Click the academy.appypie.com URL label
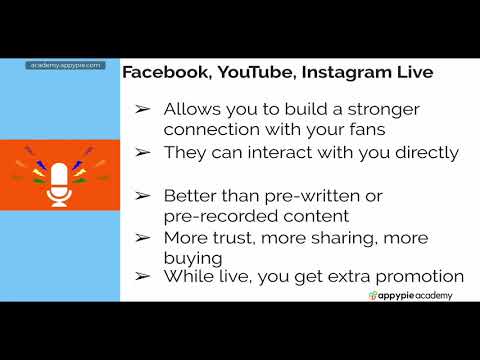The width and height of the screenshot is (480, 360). [65, 65]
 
